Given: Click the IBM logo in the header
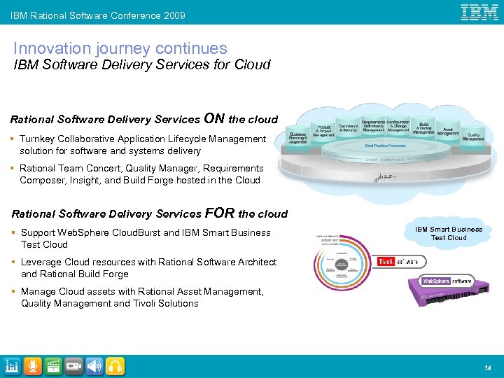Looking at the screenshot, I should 479,12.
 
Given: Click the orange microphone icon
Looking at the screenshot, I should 32,366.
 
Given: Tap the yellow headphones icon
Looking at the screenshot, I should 115,366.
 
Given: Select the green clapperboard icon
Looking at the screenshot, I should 52,366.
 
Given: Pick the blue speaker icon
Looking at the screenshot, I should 94,366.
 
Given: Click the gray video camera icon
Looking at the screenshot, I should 73,366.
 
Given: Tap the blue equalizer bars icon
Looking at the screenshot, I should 12,366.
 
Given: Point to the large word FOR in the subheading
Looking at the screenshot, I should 220,213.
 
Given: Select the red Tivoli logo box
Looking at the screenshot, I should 386,262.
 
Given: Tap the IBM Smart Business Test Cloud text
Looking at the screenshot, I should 448,233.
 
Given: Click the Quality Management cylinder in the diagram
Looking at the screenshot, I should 473,136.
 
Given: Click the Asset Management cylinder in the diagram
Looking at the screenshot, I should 448,130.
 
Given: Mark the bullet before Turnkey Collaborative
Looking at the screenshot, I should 13,139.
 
